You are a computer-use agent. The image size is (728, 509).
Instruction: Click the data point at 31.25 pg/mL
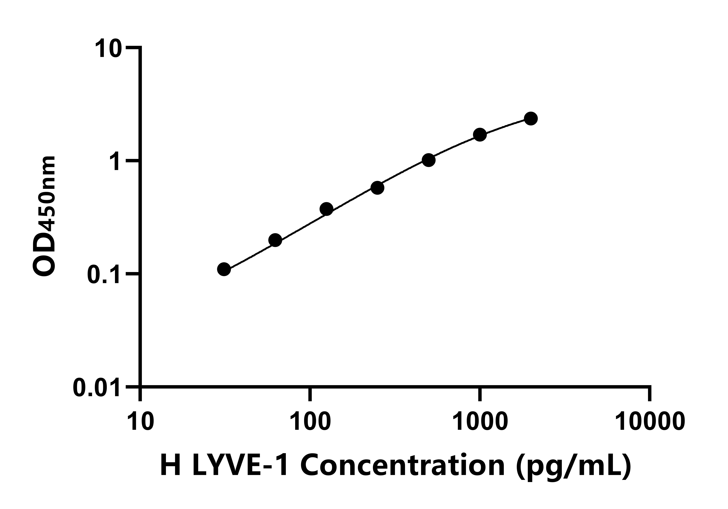(x=224, y=269)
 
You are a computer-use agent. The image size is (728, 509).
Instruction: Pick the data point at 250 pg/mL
(x=377, y=188)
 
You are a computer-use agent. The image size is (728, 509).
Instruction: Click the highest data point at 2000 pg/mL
(x=531, y=119)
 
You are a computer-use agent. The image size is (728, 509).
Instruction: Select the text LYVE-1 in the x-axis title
(x=240, y=465)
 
